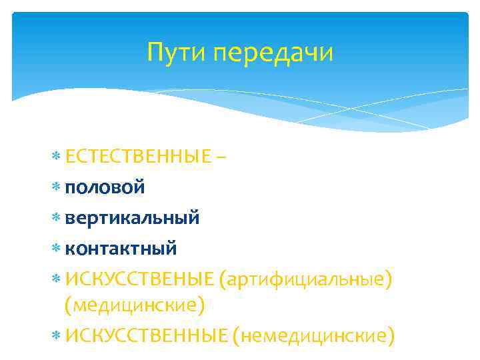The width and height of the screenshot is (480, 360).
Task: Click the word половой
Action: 105,187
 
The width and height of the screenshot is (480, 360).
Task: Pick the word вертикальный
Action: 132,218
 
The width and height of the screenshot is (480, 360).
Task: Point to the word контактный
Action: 121,249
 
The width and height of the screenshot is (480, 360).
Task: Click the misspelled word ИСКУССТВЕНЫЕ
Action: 140,279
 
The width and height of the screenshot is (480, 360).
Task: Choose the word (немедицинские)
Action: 314,335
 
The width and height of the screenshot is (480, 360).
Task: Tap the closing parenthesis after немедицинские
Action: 391,335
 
